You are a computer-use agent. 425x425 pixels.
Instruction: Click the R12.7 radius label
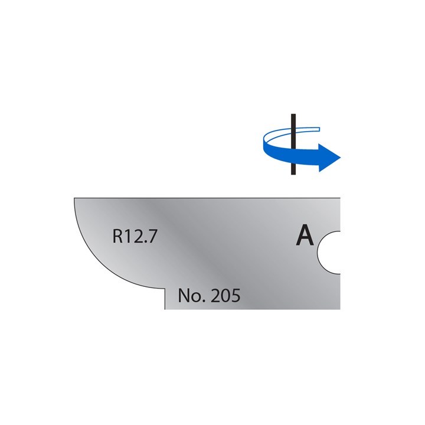click(x=135, y=237)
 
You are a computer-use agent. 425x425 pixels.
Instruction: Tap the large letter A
click(x=305, y=236)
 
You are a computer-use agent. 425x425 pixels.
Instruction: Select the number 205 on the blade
click(x=225, y=296)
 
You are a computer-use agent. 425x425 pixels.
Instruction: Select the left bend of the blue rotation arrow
click(x=264, y=142)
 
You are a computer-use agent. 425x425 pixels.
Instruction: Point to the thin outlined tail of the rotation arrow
click(x=307, y=128)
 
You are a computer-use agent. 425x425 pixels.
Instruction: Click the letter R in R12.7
click(x=118, y=237)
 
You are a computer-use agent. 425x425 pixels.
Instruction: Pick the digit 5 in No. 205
click(x=235, y=296)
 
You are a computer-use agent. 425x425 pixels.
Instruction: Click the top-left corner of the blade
click(x=74, y=198)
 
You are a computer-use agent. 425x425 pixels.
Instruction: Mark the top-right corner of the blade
click(x=341, y=198)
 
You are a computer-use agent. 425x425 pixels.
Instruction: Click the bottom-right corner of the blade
click(x=341, y=309)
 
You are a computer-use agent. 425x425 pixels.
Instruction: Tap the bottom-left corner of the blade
click(x=165, y=309)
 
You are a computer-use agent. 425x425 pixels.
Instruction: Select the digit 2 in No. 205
click(x=214, y=296)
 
